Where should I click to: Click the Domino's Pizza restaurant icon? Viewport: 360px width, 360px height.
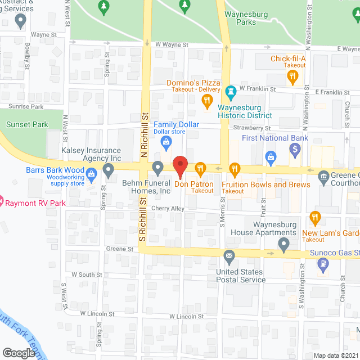tap(207, 101)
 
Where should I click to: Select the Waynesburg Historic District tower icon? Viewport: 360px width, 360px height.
tap(230, 91)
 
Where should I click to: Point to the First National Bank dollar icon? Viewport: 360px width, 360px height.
tap(295, 149)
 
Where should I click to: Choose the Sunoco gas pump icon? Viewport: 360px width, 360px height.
tap(323, 263)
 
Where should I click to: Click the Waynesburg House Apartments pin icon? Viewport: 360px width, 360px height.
tap(284, 244)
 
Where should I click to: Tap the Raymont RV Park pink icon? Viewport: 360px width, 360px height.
tap(1, 200)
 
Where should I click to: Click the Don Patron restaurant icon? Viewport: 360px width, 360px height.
tap(200, 168)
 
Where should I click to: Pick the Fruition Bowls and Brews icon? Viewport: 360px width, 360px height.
tap(235, 168)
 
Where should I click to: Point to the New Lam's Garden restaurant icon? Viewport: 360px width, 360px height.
tap(315, 217)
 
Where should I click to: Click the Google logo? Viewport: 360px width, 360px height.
tap(18, 353)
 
